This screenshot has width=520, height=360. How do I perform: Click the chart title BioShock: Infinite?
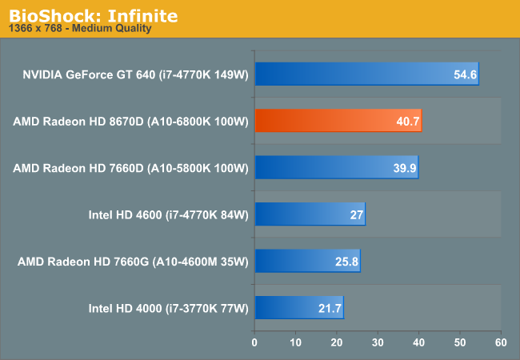94,15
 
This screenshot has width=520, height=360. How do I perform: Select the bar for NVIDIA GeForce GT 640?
366,74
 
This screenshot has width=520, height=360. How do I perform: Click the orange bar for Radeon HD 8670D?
338,121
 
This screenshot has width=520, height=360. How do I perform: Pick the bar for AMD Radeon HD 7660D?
336,167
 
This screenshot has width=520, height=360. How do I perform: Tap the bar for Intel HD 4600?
310,214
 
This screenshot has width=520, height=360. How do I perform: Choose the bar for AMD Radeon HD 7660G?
307,260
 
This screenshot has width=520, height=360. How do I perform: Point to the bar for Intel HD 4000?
299,306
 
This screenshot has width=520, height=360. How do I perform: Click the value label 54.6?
465,74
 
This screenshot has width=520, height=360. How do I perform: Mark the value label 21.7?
330,307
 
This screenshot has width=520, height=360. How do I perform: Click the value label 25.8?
347,261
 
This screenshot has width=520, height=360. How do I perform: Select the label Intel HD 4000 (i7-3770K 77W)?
169,307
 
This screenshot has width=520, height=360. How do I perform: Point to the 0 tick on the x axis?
254,342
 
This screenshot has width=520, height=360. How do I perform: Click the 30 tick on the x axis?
378,342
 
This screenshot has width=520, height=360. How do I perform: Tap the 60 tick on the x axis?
501,342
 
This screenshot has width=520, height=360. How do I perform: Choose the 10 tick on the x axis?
295,342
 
